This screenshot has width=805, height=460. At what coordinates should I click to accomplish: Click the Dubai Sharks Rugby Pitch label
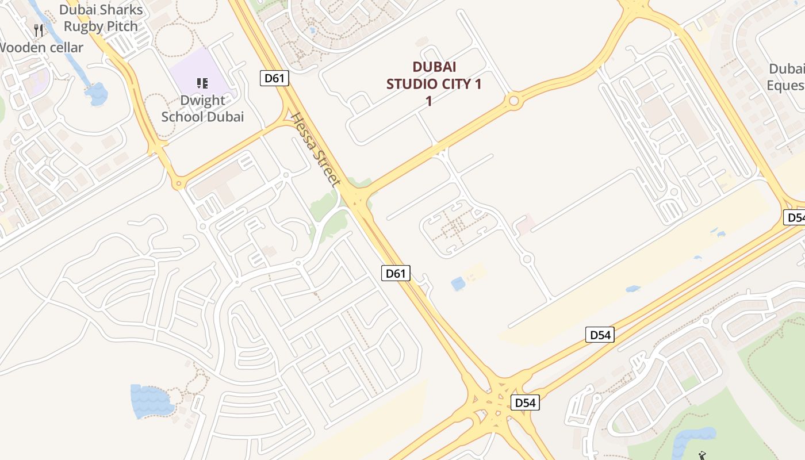click(101, 18)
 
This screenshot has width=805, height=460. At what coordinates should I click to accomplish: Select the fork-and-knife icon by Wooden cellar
click(39, 30)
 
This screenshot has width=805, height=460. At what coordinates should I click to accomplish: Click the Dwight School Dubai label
click(202, 108)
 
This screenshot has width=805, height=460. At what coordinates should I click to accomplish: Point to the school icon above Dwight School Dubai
click(202, 84)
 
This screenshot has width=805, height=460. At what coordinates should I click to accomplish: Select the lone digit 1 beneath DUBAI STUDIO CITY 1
click(428, 101)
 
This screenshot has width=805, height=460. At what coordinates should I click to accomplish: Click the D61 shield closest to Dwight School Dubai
click(274, 78)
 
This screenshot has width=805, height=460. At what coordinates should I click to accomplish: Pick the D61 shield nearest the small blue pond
click(396, 273)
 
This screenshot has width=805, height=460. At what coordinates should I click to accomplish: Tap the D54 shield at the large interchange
click(525, 402)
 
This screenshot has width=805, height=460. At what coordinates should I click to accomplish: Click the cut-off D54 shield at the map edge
click(795, 217)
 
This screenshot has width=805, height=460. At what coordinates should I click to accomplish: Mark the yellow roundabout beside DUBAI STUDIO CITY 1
click(513, 102)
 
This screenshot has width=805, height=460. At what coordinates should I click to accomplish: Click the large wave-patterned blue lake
click(152, 400)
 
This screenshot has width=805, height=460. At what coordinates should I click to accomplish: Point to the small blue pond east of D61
click(458, 283)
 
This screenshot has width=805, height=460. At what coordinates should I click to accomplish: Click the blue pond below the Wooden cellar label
click(97, 93)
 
